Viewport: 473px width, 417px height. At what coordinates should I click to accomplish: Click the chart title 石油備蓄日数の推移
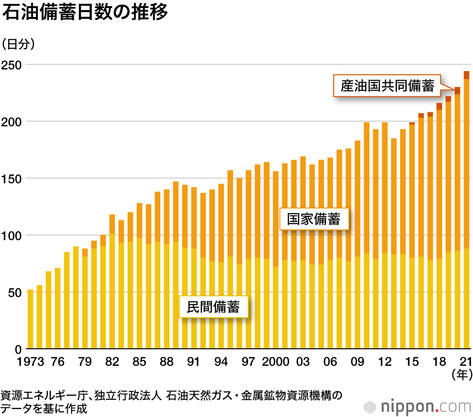pyautogui.click(x=85, y=13)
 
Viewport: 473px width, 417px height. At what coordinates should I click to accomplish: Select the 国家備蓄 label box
pyautogui.click(x=314, y=220)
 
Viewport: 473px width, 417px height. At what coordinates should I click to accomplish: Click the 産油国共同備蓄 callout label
pyautogui.click(x=387, y=86)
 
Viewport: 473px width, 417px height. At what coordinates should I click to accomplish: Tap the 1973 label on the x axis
pyautogui.click(x=30, y=362)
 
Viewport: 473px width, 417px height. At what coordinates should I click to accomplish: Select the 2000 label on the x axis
pyautogui.click(x=275, y=362)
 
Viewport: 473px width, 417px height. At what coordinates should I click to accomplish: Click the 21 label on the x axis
pyautogui.click(x=466, y=362)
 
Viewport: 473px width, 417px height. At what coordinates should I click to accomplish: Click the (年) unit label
pyautogui.click(x=462, y=375)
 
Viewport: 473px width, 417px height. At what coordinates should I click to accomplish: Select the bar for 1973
pyautogui.click(x=30, y=319)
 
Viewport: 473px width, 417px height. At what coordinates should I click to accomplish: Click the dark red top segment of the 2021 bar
pyautogui.click(x=466, y=75)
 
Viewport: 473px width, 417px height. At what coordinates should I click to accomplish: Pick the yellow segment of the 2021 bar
pyautogui.click(x=466, y=299)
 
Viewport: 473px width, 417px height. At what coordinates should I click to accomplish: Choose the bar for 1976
pyautogui.click(x=58, y=309)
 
